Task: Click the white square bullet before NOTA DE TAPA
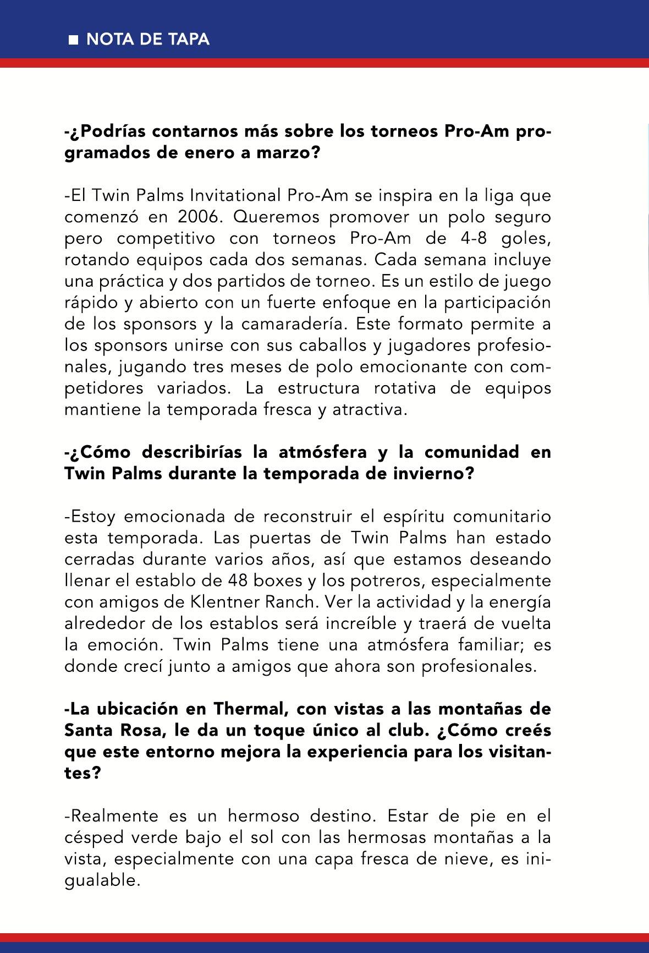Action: tap(73, 40)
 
